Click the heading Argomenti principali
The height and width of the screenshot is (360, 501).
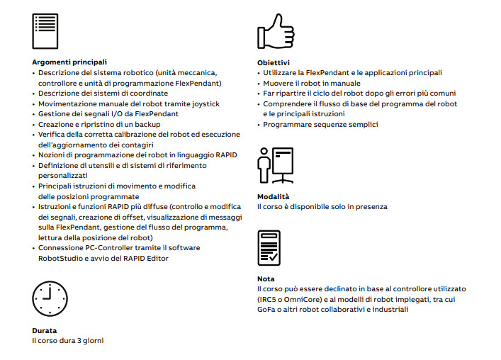tap(69, 62)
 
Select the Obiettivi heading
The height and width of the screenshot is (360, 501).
tap(273, 62)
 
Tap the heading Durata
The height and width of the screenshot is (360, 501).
tap(45, 331)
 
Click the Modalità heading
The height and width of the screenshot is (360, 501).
tap(273, 196)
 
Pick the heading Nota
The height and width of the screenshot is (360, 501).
tap(266, 279)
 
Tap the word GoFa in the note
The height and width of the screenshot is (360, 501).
tap(266, 310)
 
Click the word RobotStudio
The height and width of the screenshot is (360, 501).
tap(63, 259)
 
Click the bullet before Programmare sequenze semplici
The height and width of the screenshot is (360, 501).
tap(259, 125)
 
